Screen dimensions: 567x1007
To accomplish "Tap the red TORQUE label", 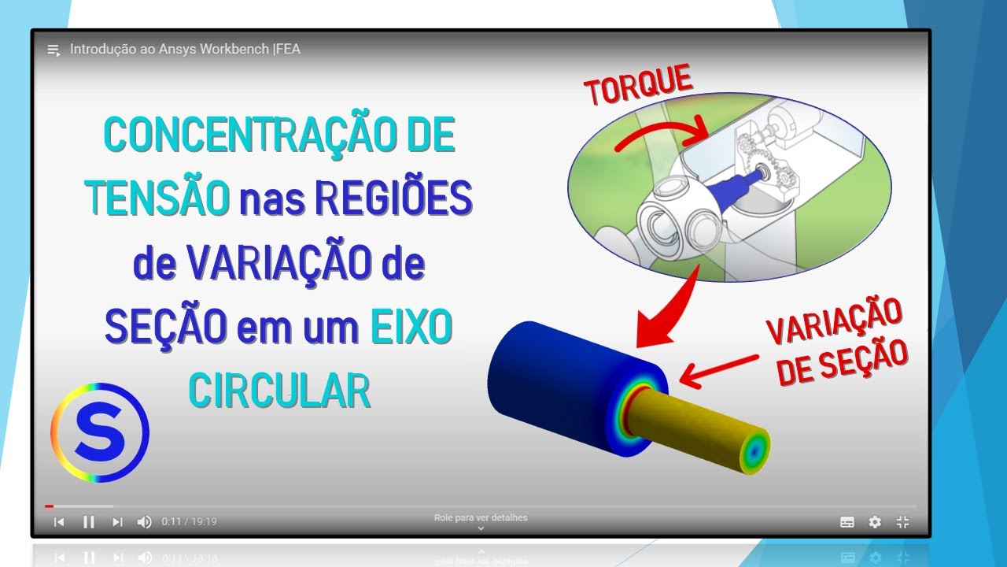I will point(638,86).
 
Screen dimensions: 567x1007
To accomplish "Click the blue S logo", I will point(100,432).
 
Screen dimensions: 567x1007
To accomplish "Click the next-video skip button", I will point(117,521).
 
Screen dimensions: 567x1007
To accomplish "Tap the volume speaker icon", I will point(144,521).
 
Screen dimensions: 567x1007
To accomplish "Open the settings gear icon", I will point(875,521).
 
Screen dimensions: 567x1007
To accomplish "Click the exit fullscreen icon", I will point(902,521).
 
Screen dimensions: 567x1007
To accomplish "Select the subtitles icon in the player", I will point(847,521).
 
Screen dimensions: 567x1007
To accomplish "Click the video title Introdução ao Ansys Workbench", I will point(185,49).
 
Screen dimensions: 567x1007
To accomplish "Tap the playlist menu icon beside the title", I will point(53,50).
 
